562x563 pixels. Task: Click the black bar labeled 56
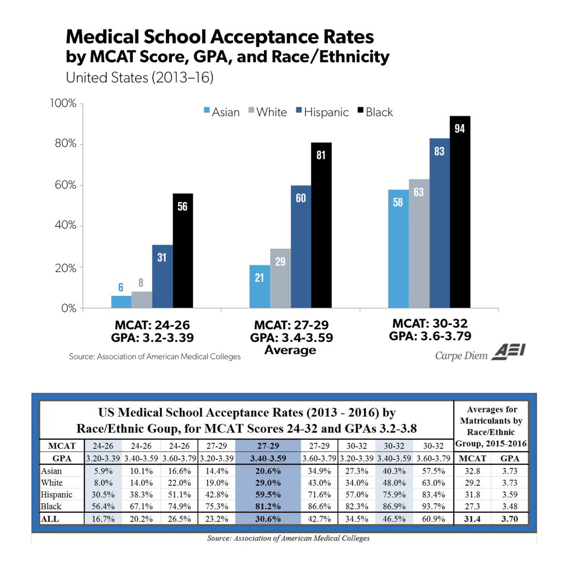coord(183,251)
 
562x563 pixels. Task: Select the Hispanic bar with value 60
coord(300,247)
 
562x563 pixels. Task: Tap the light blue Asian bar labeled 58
coord(398,249)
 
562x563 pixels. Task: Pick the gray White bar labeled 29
coord(280,278)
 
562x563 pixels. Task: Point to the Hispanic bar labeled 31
coord(162,276)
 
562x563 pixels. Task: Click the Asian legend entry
coord(222,112)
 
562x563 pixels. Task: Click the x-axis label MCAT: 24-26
coord(152,325)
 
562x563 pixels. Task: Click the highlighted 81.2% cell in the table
coord(268,507)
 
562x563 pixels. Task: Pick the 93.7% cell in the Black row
coord(433,507)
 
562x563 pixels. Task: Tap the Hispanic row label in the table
coord(57,495)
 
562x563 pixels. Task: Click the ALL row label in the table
coord(50,519)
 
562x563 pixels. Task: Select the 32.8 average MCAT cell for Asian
coord(472,471)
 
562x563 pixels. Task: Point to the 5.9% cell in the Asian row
coord(103,471)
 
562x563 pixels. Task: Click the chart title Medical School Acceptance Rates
coord(220,37)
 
